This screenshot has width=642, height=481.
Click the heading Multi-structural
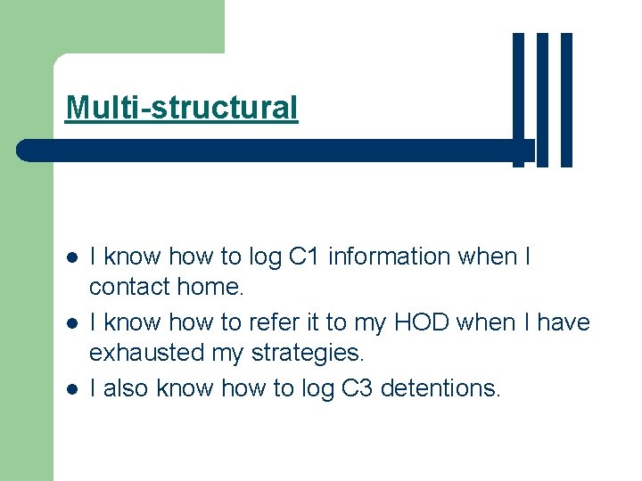click(x=182, y=108)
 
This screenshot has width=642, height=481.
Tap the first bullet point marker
click(x=72, y=257)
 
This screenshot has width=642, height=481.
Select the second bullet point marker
click(x=72, y=322)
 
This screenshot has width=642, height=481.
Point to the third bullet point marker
click(x=72, y=388)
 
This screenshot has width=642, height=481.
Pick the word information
click(x=389, y=257)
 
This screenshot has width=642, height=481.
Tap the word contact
click(x=130, y=287)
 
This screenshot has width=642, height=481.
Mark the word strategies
click(x=305, y=354)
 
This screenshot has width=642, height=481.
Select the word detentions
click(x=441, y=388)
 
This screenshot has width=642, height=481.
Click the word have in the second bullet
click(x=564, y=322)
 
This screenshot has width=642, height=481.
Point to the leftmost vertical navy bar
click(x=518, y=100)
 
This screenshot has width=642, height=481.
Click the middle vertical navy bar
click(x=542, y=100)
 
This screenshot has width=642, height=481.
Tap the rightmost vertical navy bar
click(x=566, y=100)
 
